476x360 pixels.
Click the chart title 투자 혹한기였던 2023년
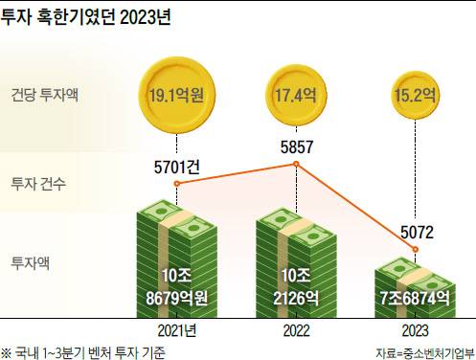[x=85, y=16]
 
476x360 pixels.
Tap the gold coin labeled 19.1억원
[x=177, y=96]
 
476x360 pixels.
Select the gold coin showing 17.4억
[x=296, y=96]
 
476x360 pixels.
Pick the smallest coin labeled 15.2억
[x=416, y=95]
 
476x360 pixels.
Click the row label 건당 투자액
[x=44, y=95]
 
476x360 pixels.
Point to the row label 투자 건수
[x=38, y=184]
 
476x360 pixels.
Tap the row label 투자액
[x=31, y=263]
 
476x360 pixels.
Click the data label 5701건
[x=176, y=167]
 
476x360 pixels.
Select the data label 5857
[x=297, y=146]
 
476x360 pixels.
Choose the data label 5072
[x=417, y=232]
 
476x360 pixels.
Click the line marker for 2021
[x=177, y=184]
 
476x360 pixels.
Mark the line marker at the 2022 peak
[x=296, y=164]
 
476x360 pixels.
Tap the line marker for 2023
[x=416, y=249]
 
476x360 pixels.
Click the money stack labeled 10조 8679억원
[x=177, y=259]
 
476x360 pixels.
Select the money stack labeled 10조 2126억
[x=296, y=263]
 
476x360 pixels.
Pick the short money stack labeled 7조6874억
[x=416, y=288]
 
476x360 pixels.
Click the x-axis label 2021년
[x=177, y=331]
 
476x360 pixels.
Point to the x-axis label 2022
[x=296, y=331]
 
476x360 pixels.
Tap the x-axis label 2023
[x=416, y=331]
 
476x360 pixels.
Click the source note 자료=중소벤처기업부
[x=425, y=353]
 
